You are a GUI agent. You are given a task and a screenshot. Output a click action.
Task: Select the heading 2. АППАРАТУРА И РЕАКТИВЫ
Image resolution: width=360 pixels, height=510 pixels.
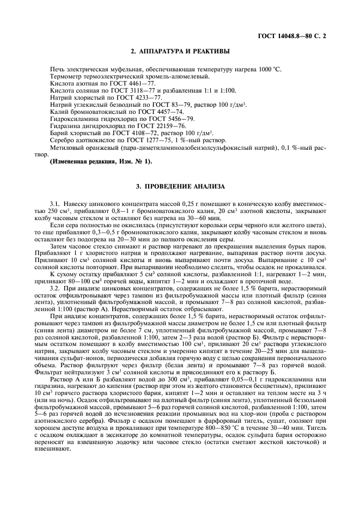click(x=180, y=52)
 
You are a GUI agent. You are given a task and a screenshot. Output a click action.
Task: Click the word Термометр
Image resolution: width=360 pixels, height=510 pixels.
click(x=66, y=78)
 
